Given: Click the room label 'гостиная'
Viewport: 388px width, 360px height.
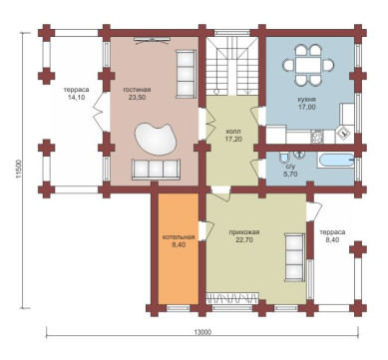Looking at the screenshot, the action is tap(137, 90).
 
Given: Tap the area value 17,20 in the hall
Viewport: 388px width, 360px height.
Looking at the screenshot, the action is tap(232, 139).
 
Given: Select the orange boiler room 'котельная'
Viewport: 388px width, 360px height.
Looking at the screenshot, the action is tap(179, 248).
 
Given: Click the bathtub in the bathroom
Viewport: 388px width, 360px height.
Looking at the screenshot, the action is tap(337, 161).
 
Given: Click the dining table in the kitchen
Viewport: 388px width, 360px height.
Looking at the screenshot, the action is tap(308, 65).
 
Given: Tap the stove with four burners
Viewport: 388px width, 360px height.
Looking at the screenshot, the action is tap(317, 137).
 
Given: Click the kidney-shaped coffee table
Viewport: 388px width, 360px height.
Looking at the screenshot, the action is tap(155, 138).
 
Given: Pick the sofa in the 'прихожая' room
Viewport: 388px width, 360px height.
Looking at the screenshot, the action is tap(294, 257).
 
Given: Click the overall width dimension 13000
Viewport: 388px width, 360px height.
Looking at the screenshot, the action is tap(202, 332).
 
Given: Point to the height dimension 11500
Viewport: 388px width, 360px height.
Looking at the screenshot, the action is tap(18, 169).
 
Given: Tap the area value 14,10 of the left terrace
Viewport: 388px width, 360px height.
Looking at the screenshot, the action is tap(76, 98).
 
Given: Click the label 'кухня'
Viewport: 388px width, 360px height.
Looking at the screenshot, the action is tap(307, 100).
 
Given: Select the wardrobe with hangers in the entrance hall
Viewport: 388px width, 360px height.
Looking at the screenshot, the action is tap(232, 298).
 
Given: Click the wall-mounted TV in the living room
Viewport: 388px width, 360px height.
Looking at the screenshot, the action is tap(153, 40).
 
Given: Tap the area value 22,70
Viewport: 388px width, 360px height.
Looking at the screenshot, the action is tap(243, 240).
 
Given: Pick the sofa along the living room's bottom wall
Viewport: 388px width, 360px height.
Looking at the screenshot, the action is tap(156, 170).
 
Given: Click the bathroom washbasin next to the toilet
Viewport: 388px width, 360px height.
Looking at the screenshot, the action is tap(301, 155).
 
